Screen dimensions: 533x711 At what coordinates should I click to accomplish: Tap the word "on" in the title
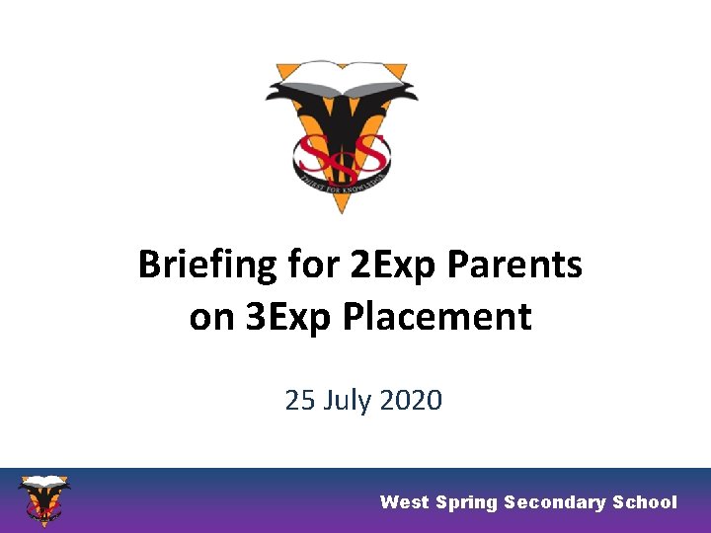tap(210, 317)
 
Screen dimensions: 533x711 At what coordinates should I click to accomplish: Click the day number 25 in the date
tap(299, 400)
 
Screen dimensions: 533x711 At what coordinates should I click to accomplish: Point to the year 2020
tap(412, 400)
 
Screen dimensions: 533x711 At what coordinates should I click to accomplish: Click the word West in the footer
tap(405, 502)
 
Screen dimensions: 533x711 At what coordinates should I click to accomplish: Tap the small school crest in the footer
tap(44, 499)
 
